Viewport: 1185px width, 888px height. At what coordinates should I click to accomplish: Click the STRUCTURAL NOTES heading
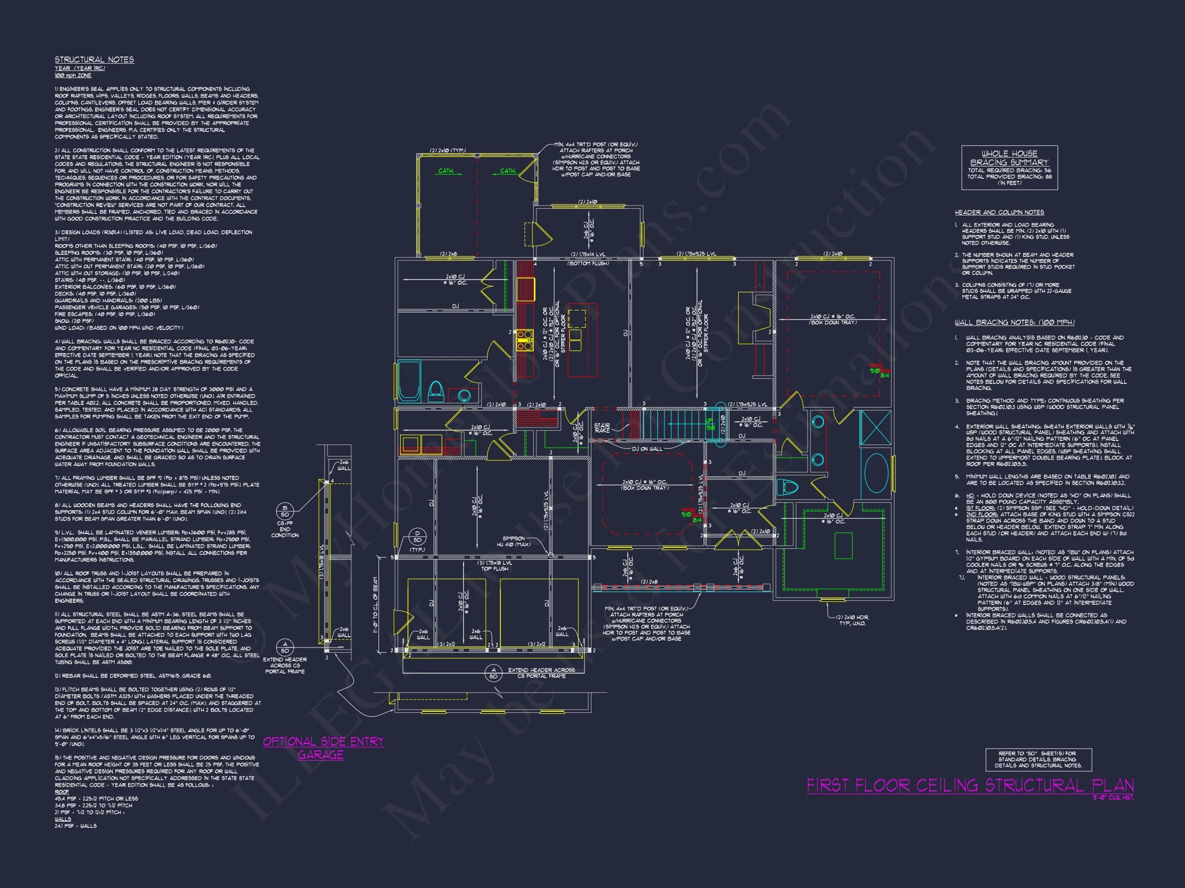[94, 60]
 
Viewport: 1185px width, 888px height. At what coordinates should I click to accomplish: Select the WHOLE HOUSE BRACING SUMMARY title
[1009, 158]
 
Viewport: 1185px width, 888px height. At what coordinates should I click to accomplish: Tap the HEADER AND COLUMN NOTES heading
[999, 213]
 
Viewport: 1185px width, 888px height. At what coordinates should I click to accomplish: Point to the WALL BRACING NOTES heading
[1014, 322]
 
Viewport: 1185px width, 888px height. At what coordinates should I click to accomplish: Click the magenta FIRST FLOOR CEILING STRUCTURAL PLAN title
[969, 785]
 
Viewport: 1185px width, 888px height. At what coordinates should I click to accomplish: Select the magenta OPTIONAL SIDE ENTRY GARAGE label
[323, 748]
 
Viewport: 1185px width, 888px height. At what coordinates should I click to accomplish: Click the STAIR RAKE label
[602, 428]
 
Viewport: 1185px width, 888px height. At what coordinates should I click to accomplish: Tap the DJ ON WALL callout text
[647, 449]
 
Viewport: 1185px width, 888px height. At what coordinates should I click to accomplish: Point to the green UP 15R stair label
[710, 424]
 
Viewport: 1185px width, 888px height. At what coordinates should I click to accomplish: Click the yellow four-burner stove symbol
[525, 340]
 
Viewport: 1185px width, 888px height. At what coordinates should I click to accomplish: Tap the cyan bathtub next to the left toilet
[410, 381]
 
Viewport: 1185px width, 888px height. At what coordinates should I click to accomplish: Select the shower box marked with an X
[875, 427]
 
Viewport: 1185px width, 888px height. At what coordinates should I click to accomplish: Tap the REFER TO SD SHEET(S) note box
[1038, 760]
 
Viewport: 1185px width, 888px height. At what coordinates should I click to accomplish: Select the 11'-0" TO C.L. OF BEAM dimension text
[375, 605]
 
